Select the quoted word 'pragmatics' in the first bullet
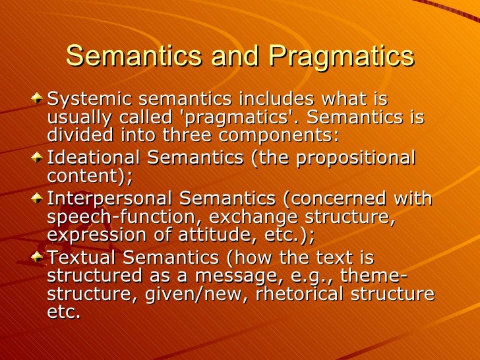[247, 118]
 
